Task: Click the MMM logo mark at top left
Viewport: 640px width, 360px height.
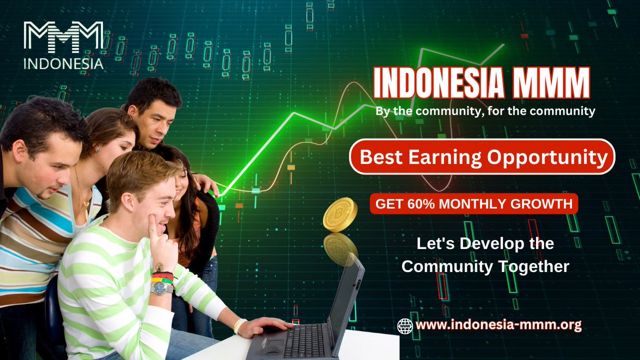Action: (63, 37)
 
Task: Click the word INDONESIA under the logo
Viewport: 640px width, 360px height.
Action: (63, 63)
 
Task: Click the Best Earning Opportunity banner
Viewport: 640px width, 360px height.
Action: (483, 157)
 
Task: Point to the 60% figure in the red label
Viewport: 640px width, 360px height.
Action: (416, 203)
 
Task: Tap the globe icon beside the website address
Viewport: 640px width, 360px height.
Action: (405, 325)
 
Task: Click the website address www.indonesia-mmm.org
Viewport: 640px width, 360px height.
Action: (499, 324)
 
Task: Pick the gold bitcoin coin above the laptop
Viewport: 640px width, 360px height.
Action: (340, 214)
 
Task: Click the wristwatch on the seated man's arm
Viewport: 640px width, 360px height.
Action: (162, 288)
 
